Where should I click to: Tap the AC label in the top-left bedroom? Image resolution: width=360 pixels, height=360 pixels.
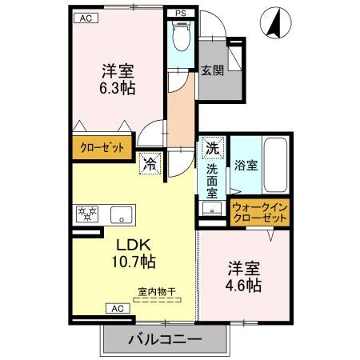(x=83, y=18)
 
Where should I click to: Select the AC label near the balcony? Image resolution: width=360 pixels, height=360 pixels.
(x=115, y=308)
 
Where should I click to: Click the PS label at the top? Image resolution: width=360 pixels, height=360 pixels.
(x=181, y=14)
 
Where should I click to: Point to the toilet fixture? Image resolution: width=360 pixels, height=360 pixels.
(x=180, y=35)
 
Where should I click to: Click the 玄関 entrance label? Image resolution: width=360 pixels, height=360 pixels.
(x=212, y=70)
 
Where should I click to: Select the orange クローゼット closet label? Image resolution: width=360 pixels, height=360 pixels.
(x=101, y=148)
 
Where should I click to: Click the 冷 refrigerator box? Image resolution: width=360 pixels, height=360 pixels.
(x=150, y=165)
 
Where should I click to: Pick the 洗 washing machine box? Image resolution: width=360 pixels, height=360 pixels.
(x=212, y=148)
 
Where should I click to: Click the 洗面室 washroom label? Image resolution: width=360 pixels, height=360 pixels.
(x=212, y=181)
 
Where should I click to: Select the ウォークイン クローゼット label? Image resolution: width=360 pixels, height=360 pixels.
(x=259, y=214)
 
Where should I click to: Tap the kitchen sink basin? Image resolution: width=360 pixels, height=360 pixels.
(x=121, y=214)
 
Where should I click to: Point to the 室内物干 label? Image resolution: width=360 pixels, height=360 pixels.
(x=158, y=292)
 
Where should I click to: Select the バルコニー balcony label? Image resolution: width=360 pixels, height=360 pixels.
(x=165, y=339)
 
